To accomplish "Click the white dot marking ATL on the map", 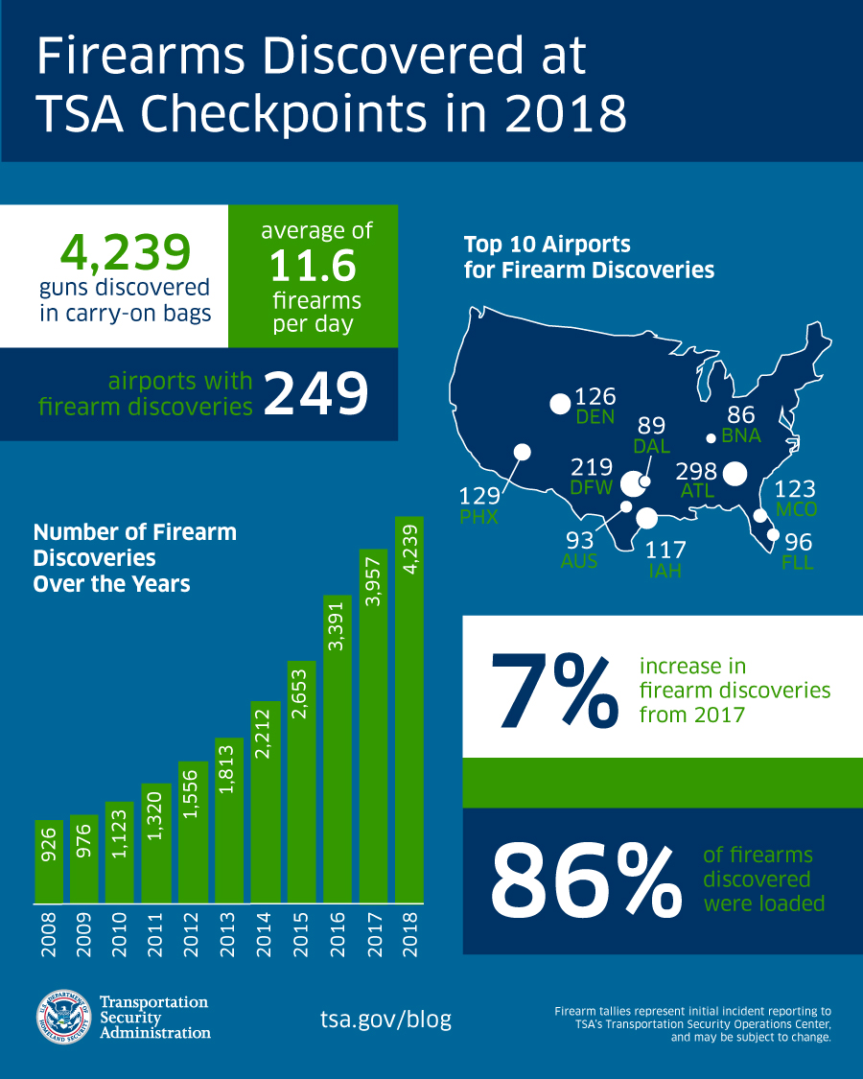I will pos(735,474).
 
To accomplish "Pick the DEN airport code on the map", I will pos(595,418).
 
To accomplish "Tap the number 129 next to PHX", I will pos(479,496).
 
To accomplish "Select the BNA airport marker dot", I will pos(710,438).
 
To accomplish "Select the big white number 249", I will pos(315,394).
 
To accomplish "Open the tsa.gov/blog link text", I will pos(385,1019).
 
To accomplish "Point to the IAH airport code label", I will pos(664,573).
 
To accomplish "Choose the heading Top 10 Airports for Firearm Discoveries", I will pos(589,257).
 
